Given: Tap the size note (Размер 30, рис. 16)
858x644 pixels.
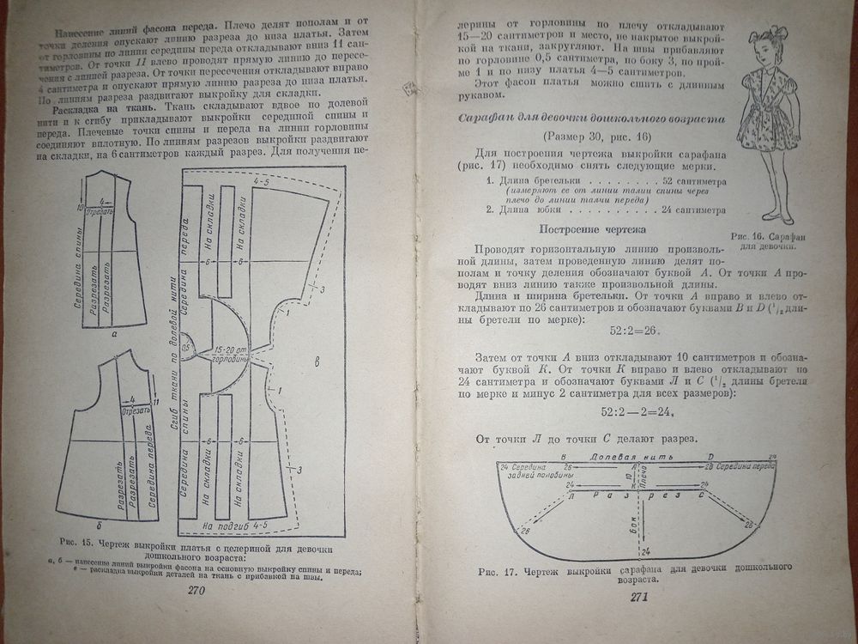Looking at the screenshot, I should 585,137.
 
